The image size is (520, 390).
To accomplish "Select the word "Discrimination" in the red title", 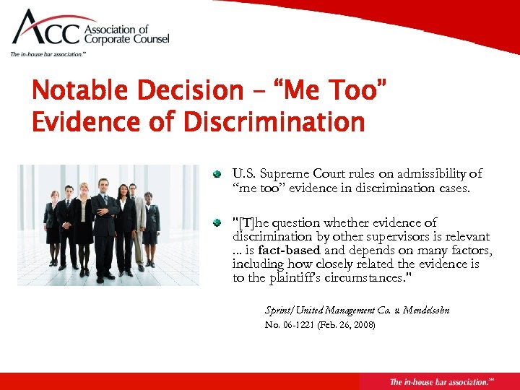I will [274, 122].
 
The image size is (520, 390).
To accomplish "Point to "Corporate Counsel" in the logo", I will [128, 40].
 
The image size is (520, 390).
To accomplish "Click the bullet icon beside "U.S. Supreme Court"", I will [216, 174].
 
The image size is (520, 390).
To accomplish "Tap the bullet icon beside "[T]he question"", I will [216, 223].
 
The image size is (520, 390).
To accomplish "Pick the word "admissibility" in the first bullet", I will [445, 173].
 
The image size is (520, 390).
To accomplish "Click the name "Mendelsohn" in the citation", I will [426, 310].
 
